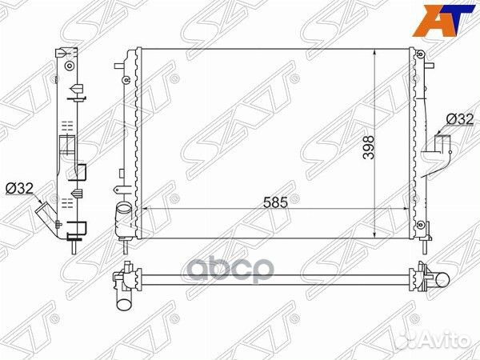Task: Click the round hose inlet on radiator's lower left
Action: [123, 214]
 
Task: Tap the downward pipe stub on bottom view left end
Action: [124, 301]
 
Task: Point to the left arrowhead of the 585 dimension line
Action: [145, 210]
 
